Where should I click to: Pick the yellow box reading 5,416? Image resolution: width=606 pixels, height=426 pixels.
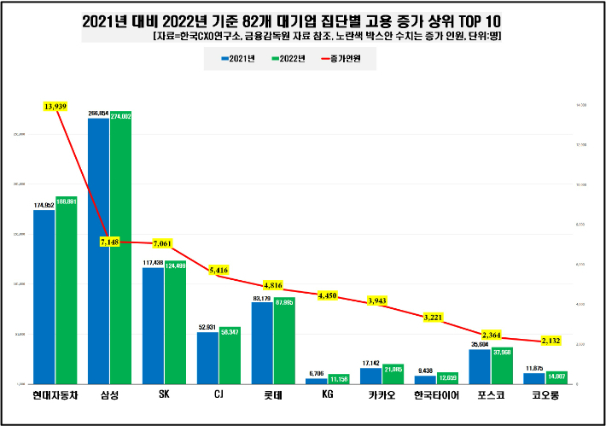pyautogui.click(x=219, y=271)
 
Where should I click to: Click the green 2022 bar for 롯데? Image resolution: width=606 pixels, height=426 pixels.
pyautogui.click(x=284, y=341)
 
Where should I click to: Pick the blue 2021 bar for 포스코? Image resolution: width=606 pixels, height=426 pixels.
pyautogui.click(x=480, y=367)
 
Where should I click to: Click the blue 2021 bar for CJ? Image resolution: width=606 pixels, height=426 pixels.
pyautogui.click(x=207, y=359)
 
